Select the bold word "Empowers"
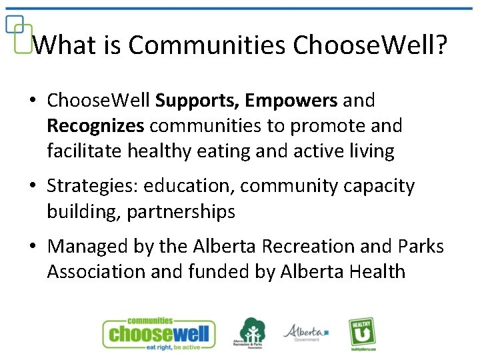coord(291,101)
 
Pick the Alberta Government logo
coord(305,332)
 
